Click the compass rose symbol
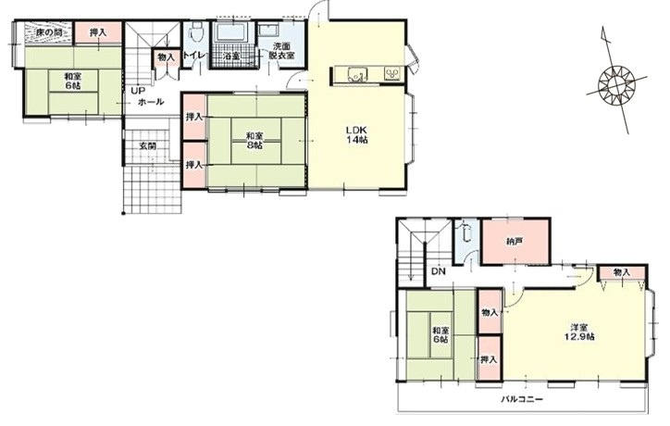616,84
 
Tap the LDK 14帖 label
356,134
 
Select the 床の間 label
48,32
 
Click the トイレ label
195,56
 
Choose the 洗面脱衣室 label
281,50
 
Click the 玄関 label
147,145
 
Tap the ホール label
151,102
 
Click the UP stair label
138,91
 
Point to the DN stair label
438,271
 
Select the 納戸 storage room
515,241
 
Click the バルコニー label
522,399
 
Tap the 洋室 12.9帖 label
578,332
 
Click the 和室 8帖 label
254,140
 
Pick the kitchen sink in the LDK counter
356,74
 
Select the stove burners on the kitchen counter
392,74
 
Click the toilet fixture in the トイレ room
196,31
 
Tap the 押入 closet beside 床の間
98,32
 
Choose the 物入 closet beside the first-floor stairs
166,57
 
